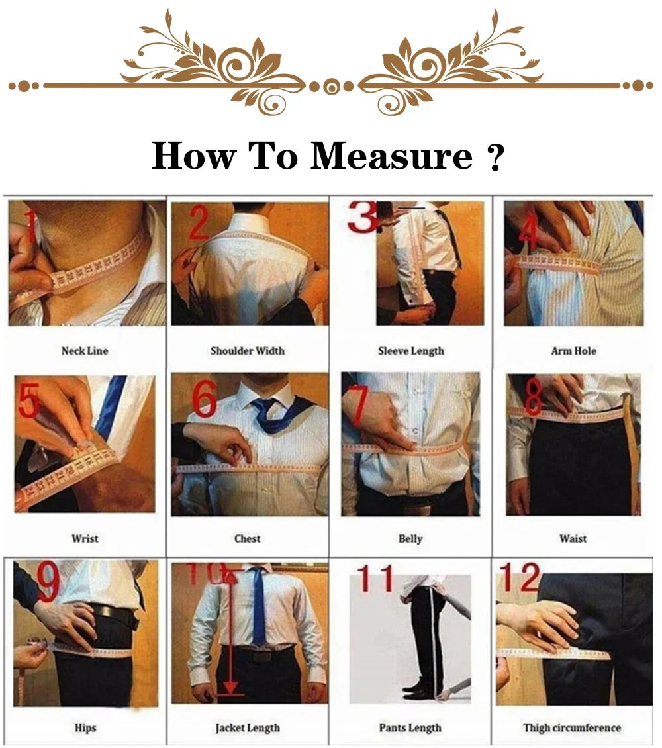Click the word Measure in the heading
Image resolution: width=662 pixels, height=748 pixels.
coord(391,157)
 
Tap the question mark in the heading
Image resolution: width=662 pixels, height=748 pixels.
coord(495,158)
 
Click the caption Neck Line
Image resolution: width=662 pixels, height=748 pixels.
coord(85,351)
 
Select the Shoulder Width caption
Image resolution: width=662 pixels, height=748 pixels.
coord(247,351)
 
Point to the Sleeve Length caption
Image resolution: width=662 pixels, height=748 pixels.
coord(410,351)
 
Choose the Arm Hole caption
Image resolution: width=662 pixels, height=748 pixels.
coord(573,351)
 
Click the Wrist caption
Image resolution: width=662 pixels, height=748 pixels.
coord(85,539)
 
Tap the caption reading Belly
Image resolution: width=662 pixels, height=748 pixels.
coord(410,539)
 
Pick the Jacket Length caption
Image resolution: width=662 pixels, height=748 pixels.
coord(247,727)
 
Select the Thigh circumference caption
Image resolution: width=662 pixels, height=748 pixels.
coord(572,727)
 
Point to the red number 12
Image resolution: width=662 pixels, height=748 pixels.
coord(520,577)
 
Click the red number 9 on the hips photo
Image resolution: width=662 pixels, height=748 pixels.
coord(48,583)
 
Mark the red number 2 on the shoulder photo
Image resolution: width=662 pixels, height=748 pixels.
coord(199,224)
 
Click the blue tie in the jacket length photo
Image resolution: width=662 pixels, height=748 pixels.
coord(259,609)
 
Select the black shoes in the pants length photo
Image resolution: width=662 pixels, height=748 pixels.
coord(418,692)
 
